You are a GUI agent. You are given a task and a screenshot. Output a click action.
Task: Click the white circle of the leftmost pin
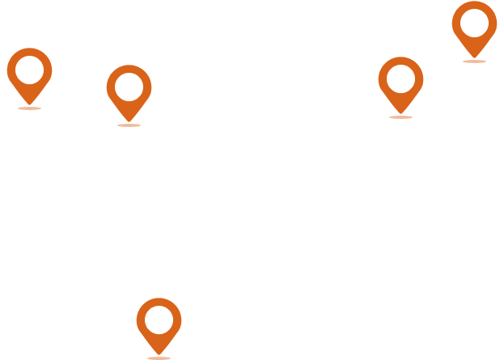(29, 70)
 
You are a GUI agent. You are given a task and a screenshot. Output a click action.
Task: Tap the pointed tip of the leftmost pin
(29, 103)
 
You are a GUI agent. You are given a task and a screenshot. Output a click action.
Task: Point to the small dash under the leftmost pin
(29, 108)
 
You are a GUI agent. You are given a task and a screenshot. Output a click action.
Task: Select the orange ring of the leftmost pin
(12, 70)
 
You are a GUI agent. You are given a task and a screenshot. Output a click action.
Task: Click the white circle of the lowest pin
(159, 320)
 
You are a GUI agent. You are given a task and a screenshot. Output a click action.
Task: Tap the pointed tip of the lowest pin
(159, 353)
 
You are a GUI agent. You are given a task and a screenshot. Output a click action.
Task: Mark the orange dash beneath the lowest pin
(159, 358)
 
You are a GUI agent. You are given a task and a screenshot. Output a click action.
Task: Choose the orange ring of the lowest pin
(142, 320)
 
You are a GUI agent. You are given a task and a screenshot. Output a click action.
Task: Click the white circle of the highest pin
(474, 23)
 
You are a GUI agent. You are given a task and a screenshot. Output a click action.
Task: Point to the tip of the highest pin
(474, 56)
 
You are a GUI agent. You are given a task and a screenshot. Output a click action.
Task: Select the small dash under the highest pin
(474, 61)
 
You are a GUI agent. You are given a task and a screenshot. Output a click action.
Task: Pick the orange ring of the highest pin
(457, 23)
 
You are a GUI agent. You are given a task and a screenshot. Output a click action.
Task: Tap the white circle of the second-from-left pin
(129, 87)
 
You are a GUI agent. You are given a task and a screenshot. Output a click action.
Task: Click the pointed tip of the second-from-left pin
(129, 120)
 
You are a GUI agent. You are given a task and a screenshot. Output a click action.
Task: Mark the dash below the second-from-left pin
(129, 125)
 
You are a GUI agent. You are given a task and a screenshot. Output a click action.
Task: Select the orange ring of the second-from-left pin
(112, 87)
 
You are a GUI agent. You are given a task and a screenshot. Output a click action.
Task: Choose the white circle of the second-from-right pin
(400, 79)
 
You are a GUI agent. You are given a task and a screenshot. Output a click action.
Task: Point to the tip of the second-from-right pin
(400, 112)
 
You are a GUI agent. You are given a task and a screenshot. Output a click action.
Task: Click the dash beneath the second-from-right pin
(400, 117)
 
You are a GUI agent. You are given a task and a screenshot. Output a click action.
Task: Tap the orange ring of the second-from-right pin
(383, 79)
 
